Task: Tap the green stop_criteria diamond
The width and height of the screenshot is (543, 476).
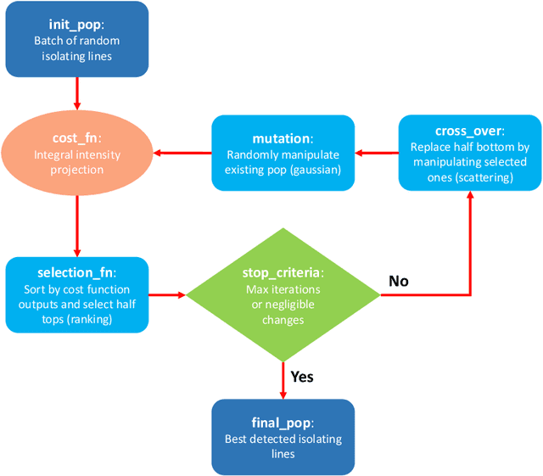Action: (x=283, y=295)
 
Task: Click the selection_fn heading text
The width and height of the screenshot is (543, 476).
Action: (x=75, y=273)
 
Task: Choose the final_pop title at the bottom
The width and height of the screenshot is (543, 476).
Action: (x=283, y=422)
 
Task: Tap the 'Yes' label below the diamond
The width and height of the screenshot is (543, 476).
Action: (x=302, y=376)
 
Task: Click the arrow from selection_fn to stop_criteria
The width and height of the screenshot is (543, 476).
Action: (x=167, y=295)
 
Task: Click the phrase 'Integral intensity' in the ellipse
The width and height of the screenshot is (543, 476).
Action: (x=78, y=154)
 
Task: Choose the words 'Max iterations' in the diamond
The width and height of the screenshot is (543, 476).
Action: (x=283, y=288)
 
